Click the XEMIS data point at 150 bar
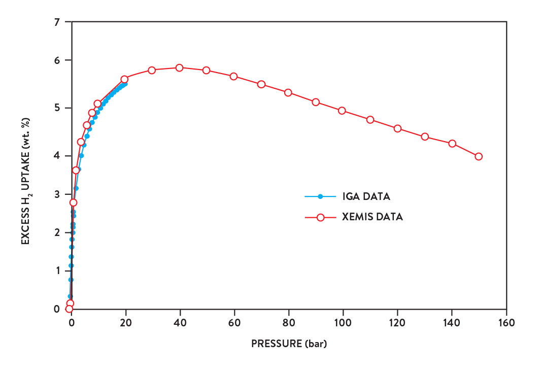(x=479, y=156)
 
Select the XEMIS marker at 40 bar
(x=179, y=68)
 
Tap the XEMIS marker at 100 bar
(x=342, y=111)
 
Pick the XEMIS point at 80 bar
(x=288, y=92)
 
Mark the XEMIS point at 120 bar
(x=397, y=128)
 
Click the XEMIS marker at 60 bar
(x=233, y=76)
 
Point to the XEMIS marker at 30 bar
(x=151, y=70)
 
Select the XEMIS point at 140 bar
(x=452, y=143)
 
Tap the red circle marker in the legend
(x=320, y=217)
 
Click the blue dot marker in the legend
(x=320, y=196)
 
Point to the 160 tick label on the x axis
(x=506, y=322)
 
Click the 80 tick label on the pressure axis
(x=289, y=322)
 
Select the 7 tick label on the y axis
(x=57, y=22)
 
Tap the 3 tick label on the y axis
(x=57, y=194)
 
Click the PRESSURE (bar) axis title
(x=289, y=344)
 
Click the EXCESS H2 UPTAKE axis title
(x=25, y=181)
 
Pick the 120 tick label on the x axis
(x=397, y=322)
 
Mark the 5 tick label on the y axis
(x=57, y=108)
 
